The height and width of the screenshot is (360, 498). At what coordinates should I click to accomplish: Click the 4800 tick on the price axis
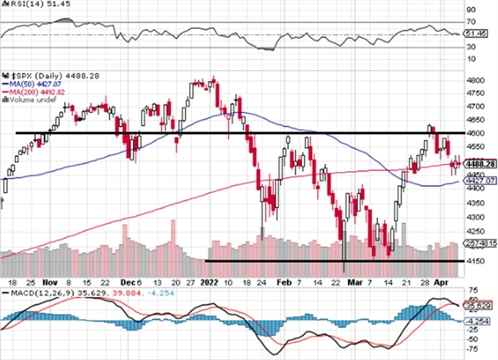(x=475, y=80)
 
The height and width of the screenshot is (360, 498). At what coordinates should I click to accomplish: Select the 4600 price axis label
(x=475, y=134)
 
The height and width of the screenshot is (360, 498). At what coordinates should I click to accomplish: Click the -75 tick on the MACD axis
(x=471, y=350)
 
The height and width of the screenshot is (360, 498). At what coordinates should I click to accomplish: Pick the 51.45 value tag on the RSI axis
(x=475, y=33)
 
